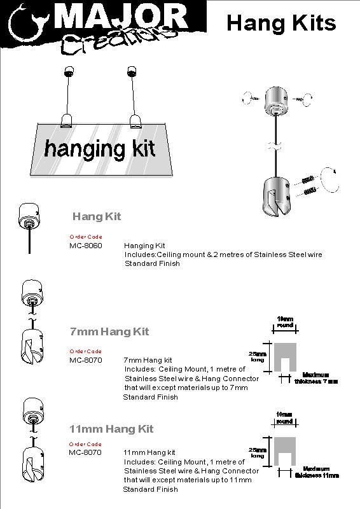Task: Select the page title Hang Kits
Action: tap(281, 23)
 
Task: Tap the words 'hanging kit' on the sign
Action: tap(99, 149)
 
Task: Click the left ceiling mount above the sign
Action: tap(68, 70)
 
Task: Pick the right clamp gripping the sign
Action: tap(136, 120)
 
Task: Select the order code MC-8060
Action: tap(85, 245)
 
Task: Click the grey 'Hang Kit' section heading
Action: tap(96, 216)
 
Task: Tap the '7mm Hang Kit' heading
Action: tap(109, 331)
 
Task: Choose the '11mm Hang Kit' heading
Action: tap(111, 429)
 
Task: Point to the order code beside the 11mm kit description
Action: tap(85, 452)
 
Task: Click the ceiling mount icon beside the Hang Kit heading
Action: tap(29, 220)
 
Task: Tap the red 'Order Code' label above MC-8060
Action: tap(85, 237)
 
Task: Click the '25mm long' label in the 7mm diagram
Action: tap(258, 356)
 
